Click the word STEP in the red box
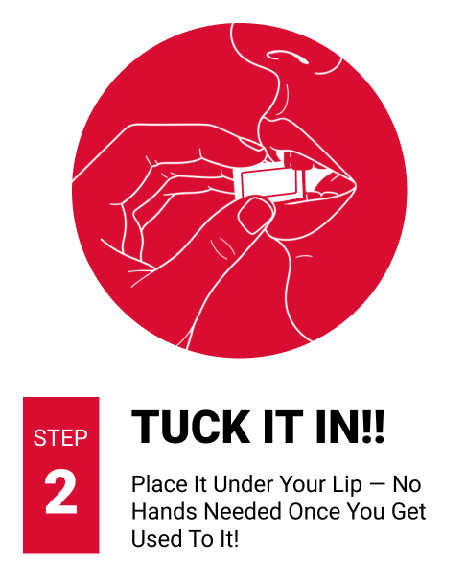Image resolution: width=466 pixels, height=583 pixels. click(x=60, y=437)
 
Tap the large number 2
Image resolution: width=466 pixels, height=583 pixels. click(x=61, y=492)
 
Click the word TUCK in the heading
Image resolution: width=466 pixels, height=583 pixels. click(x=191, y=427)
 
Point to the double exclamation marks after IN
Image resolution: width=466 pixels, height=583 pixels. click(x=373, y=427)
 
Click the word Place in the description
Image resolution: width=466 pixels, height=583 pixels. click(x=159, y=484)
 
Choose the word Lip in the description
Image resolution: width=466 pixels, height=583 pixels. click(x=347, y=485)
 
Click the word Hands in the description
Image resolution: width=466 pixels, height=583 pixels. click(x=164, y=511)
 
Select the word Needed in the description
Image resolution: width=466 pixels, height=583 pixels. click(x=244, y=511)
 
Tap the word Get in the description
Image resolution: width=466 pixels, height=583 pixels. click(x=408, y=511)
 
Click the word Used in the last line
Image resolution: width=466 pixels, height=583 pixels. click(x=153, y=538)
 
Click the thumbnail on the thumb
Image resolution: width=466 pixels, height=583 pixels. click(x=255, y=216)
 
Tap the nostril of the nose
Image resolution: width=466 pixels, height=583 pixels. click(x=287, y=57)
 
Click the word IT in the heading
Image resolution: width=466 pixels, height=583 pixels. click(x=283, y=427)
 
